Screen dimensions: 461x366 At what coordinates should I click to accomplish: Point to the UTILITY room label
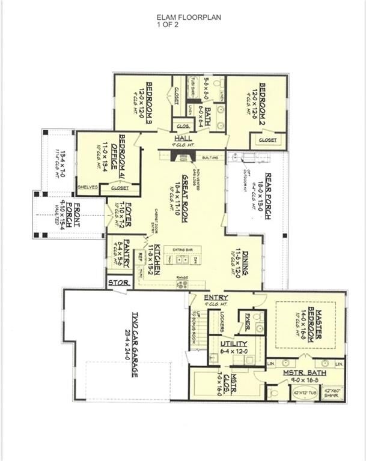coord(226,343)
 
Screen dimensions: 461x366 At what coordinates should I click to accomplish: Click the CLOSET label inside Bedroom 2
coord(268,140)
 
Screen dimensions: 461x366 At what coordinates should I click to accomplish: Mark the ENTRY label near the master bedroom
coord(215,298)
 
